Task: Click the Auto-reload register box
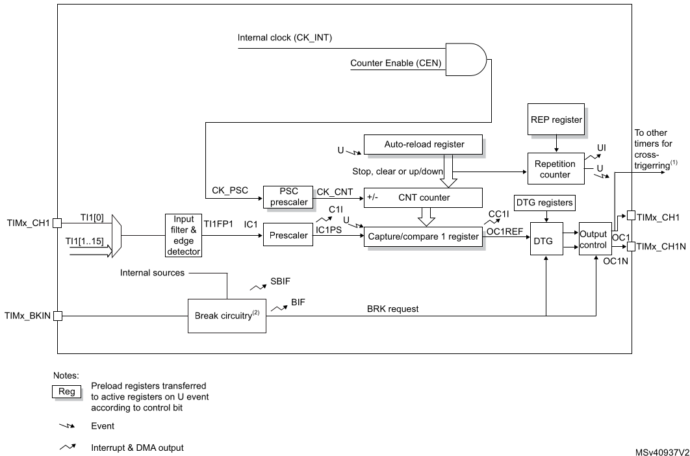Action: click(x=424, y=144)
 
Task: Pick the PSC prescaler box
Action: click(x=288, y=196)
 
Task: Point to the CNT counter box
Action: click(x=424, y=196)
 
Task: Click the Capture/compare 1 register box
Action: click(x=424, y=236)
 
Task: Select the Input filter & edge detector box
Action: click(x=183, y=236)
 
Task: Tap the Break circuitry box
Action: click(x=227, y=316)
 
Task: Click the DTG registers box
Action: click(x=544, y=203)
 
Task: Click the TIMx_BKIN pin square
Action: click(x=57, y=316)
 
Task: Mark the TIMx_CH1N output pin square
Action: click(x=630, y=247)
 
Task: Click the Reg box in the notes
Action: click(x=68, y=391)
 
